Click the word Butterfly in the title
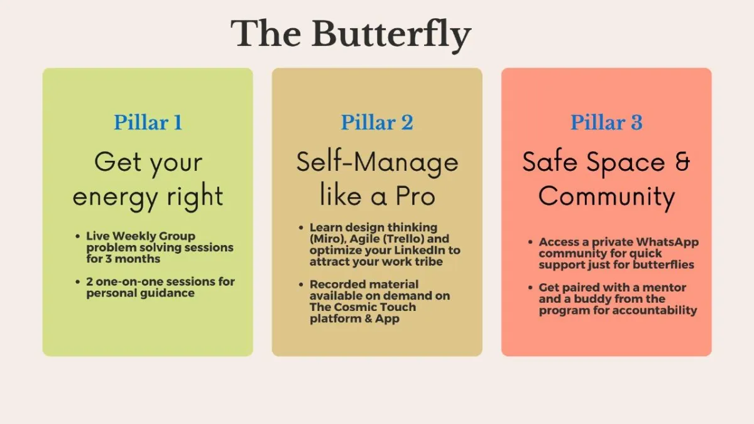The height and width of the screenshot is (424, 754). pos(391,35)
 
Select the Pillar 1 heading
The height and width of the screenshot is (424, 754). pos(148,122)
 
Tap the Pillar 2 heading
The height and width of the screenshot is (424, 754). pos(377,122)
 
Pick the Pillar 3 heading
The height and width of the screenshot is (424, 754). pos(606,122)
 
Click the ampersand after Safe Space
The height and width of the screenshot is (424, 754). pos(682,161)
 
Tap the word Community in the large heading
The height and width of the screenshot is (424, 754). pos(606,197)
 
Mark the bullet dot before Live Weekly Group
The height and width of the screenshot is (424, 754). pos(78,236)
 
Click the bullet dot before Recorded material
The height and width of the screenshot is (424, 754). pos(301,285)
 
